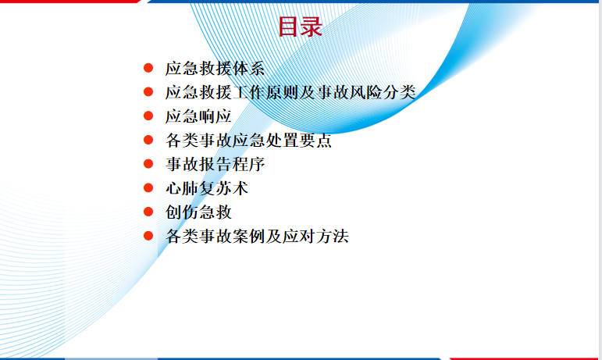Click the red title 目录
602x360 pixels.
301,27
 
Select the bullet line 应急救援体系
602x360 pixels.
215,68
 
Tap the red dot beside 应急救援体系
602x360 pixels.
148,68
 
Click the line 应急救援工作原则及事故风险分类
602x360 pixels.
290,92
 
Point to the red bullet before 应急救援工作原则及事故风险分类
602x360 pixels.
148,91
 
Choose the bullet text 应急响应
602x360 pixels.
198,116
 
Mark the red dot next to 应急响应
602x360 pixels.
148,116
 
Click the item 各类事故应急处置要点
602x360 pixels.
248,140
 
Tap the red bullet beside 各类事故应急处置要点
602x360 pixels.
148,140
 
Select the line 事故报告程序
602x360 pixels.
215,164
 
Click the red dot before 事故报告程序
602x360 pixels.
148,164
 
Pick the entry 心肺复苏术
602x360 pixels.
207,188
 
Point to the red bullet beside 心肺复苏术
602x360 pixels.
148,187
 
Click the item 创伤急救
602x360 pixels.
198,212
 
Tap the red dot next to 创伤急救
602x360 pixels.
148,212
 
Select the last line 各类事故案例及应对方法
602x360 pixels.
257,236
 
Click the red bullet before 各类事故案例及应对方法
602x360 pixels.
148,236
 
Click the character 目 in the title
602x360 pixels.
289,27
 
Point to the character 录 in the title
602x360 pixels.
312,27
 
